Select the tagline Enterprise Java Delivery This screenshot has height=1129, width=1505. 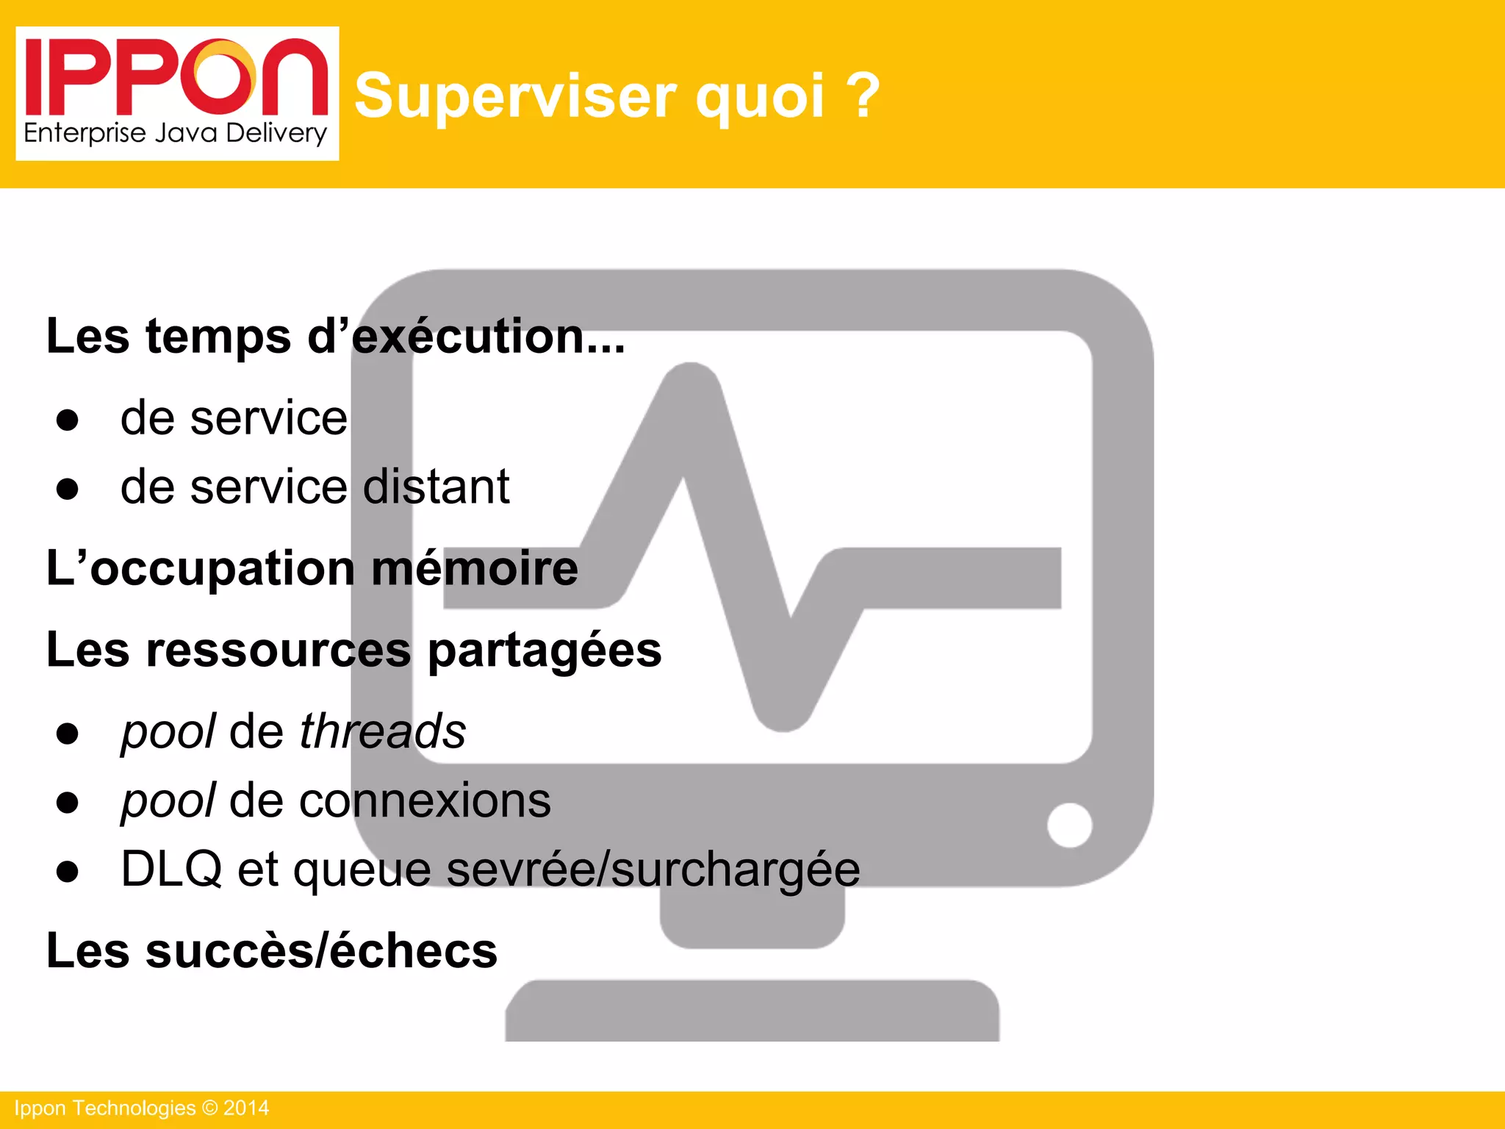point(175,134)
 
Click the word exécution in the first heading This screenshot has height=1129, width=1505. point(488,337)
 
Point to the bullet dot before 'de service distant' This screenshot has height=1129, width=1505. point(68,489)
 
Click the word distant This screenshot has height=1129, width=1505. point(436,487)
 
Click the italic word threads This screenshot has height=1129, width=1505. point(382,732)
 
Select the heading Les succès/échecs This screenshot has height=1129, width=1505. point(272,951)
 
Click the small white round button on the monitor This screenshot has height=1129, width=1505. point(1069,825)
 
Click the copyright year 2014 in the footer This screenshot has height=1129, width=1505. point(246,1108)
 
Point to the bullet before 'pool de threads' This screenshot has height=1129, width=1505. point(68,734)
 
